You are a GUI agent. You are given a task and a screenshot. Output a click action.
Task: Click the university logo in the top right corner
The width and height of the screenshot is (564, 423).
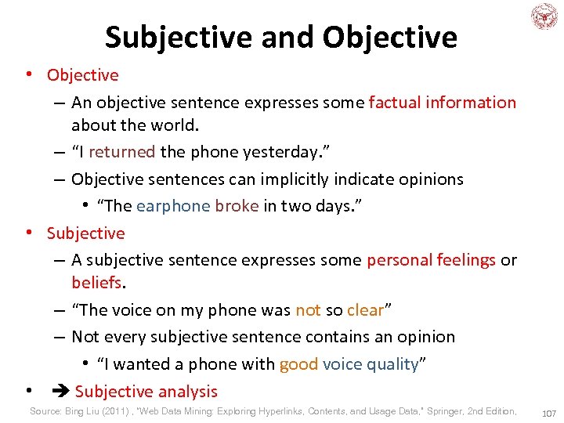point(543,16)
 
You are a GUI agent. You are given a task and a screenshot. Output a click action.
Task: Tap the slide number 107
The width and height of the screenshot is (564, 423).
point(548,412)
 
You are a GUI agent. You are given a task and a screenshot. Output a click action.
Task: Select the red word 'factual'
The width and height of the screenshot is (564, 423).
point(395,103)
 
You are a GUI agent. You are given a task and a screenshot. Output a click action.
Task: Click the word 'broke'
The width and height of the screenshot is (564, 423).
point(237,206)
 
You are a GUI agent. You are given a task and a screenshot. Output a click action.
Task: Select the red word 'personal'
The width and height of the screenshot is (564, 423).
point(398,260)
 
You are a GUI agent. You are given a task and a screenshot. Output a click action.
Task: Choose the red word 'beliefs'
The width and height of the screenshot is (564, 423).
point(96,281)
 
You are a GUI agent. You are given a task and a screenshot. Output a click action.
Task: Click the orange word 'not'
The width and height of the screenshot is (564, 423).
point(308,310)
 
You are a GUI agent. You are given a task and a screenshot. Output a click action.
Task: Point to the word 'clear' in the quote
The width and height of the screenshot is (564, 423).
point(365,310)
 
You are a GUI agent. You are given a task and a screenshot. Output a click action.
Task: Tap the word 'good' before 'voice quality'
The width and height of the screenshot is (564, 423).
point(298,364)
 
